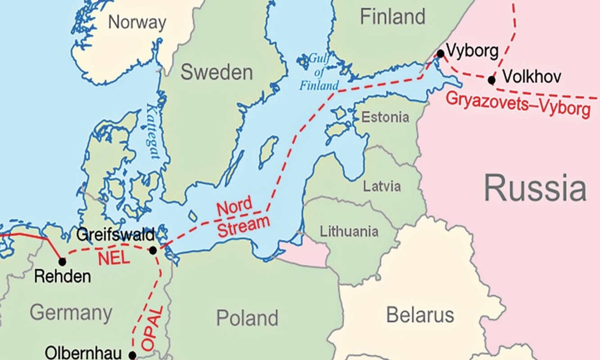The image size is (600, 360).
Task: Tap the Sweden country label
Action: (x=217, y=72)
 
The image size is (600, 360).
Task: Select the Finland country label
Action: (x=392, y=17)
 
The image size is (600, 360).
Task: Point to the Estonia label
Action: (x=386, y=117)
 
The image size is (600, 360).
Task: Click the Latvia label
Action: (x=382, y=186)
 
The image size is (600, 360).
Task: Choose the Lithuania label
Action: (x=349, y=232)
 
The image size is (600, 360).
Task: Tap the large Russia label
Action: (x=535, y=189)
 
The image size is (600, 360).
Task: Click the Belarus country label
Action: (x=420, y=315)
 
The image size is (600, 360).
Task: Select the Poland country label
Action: (x=247, y=318)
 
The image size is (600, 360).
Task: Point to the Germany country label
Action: (x=71, y=312)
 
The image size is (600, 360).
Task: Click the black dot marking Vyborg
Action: (x=440, y=54)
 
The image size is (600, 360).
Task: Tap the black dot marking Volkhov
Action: (x=492, y=80)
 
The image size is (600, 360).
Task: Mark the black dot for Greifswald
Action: (x=153, y=250)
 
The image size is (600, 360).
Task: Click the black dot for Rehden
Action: (x=62, y=261)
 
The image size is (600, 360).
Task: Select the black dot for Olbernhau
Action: (x=132, y=355)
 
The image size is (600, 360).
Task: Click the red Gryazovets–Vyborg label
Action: (x=517, y=104)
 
